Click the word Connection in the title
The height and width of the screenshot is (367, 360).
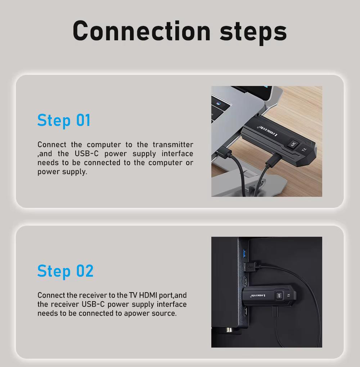141,31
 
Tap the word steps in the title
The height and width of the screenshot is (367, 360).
253,32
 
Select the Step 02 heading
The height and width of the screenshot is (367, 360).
66,271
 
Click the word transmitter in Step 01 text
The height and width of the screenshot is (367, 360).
173,145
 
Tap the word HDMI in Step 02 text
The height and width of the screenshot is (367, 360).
148,295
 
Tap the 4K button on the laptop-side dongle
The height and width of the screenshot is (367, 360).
293,144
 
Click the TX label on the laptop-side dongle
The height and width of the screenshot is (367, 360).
304,150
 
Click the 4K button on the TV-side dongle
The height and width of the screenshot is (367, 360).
279,296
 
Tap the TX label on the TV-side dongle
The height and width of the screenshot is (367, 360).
289,295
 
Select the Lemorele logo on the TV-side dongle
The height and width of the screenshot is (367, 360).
258,296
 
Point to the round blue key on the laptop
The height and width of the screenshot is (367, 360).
219,103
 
